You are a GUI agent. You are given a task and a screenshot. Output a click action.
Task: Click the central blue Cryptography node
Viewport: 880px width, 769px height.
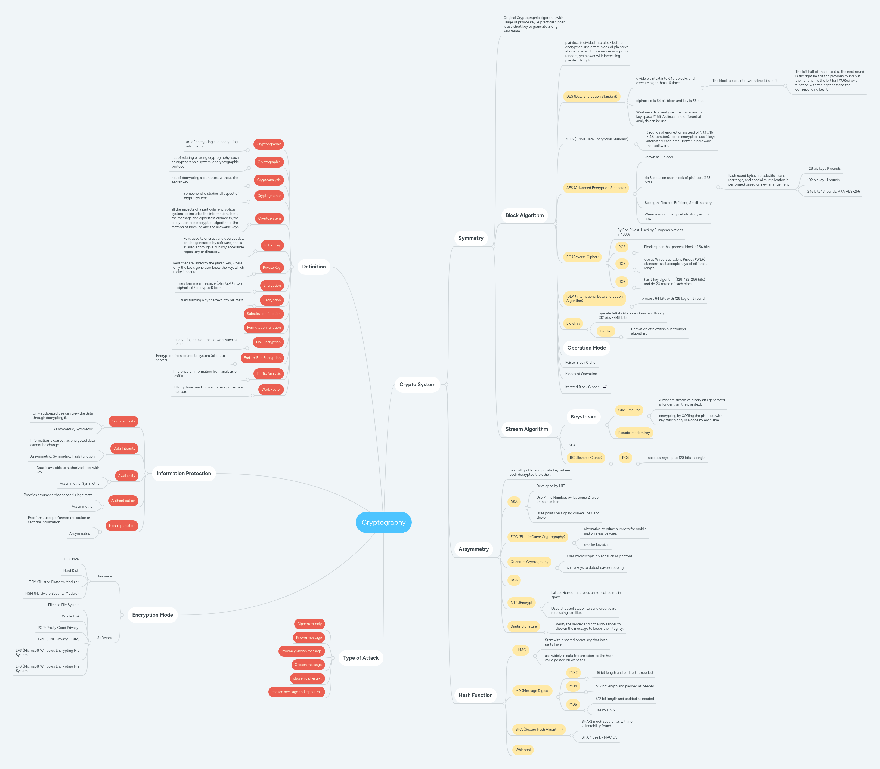[x=383, y=522]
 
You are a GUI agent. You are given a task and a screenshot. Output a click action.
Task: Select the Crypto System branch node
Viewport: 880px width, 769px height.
[x=417, y=385]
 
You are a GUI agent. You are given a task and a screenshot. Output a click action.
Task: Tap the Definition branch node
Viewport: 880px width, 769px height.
[x=314, y=267]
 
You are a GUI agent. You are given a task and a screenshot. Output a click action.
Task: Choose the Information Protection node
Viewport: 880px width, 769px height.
[x=184, y=473]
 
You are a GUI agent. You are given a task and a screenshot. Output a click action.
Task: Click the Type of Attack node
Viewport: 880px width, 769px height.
[x=360, y=658]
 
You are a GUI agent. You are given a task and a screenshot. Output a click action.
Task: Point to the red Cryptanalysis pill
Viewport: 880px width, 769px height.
[x=269, y=180]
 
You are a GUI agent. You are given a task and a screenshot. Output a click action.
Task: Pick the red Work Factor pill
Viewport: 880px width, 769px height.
[x=271, y=389]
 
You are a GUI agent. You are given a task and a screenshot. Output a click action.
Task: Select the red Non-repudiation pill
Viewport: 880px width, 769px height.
[x=122, y=526]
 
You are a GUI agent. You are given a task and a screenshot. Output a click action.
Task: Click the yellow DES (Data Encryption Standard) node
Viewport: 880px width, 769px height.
[x=591, y=97]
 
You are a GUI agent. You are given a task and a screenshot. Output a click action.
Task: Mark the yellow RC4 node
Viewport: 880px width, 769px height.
[x=625, y=458]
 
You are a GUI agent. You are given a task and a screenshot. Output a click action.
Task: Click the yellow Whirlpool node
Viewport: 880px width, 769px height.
[x=523, y=750]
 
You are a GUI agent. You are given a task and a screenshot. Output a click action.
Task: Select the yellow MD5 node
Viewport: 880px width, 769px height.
[x=573, y=704]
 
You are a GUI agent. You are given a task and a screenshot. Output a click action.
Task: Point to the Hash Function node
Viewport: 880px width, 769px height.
[x=475, y=695]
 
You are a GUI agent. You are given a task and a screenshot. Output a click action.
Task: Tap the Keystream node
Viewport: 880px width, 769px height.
[x=583, y=417]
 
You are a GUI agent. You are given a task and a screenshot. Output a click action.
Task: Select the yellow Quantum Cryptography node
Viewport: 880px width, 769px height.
[x=529, y=562]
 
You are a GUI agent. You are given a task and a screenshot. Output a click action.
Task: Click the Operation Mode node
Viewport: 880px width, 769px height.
[x=586, y=348]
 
